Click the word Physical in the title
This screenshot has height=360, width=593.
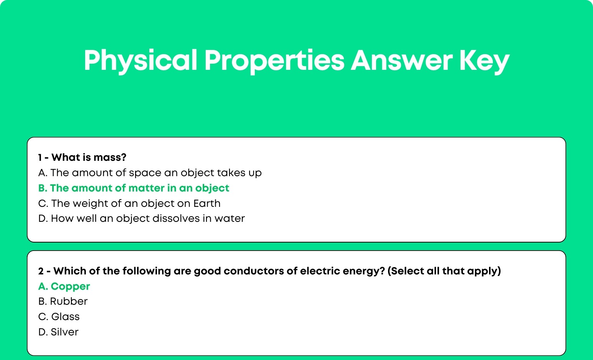pos(140,61)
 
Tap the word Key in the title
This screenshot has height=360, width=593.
pos(484,61)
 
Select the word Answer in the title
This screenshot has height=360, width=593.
pos(401,61)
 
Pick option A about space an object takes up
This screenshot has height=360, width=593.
pos(150,173)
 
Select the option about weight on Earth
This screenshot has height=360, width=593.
pos(129,203)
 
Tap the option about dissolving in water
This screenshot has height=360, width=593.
pos(141,219)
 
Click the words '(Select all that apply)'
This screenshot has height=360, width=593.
pos(444,271)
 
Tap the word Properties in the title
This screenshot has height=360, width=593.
pos(274,61)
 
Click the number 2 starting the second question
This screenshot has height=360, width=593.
pos(41,271)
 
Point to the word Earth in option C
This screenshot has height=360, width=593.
pos(207,203)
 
